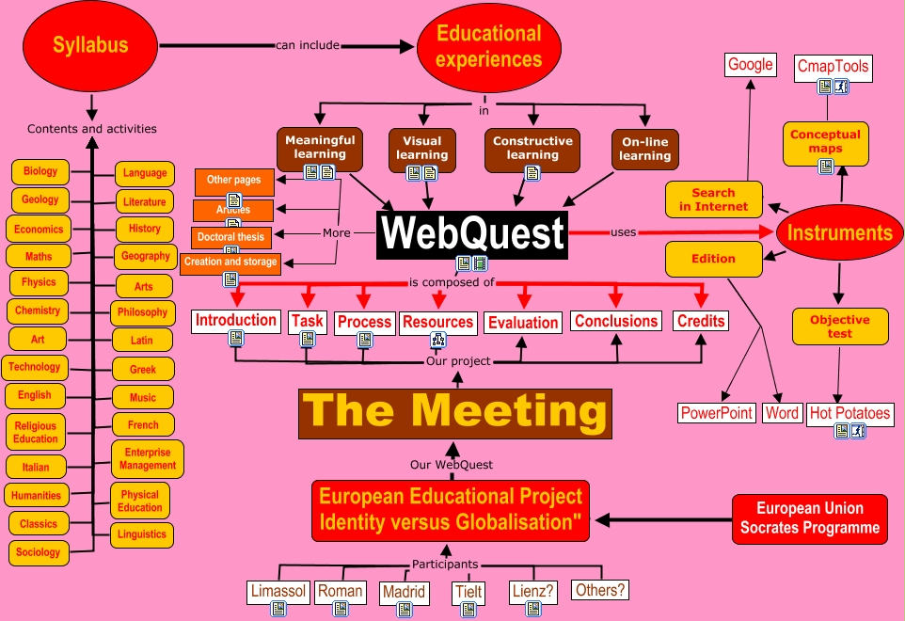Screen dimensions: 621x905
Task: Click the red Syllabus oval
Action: [x=89, y=45]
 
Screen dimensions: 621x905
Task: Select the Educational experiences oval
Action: [x=489, y=46]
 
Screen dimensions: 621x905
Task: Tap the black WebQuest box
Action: [x=472, y=233]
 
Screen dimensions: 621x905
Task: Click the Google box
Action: [x=750, y=65]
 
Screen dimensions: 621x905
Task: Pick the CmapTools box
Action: [x=833, y=67]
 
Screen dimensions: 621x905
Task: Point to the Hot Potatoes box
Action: [x=849, y=413]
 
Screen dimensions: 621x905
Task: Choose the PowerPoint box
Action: [x=717, y=413]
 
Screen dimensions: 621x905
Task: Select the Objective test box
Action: [x=840, y=326]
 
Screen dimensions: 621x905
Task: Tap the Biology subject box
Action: [x=40, y=172]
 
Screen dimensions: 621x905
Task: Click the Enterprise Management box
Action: [x=148, y=458]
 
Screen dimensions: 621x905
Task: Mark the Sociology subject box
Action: [x=39, y=552]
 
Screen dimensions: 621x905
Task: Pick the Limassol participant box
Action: [x=278, y=591]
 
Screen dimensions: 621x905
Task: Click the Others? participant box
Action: [x=599, y=590]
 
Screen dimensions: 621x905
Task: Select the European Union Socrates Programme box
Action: [x=810, y=518]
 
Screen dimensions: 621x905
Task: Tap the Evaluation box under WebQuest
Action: [x=523, y=322]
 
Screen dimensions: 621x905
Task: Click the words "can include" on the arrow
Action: [x=308, y=44]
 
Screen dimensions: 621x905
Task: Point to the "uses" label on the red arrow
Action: [x=623, y=231]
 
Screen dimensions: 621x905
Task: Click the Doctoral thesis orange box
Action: [x=230, y=237]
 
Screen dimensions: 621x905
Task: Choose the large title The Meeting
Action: [x=455, y=412]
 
